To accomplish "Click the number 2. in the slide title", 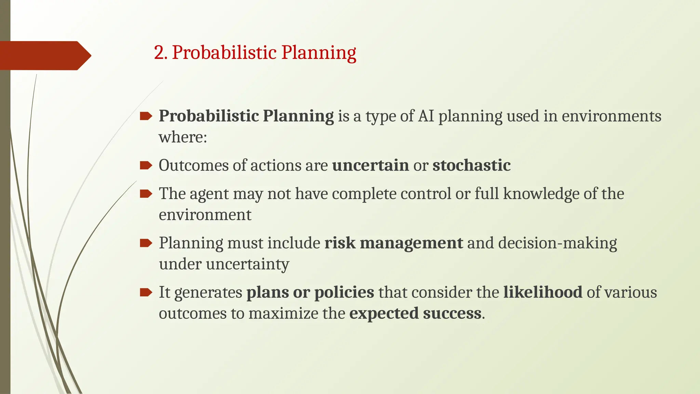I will (160, 53).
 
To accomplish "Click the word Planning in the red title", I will (319, 53).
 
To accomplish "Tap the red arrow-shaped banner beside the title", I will (44, 55).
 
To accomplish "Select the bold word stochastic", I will (471, 166).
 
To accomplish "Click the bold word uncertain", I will (370, 166).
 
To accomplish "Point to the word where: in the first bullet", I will (183, 137).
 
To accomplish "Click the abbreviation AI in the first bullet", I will (426, 116).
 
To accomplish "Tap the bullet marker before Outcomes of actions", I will (146, 166).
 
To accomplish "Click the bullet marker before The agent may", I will (146, 194).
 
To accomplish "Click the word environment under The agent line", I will (205, 215).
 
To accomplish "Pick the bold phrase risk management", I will (393, 243).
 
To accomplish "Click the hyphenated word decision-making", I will (557, 243).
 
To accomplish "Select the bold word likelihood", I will (542, 292).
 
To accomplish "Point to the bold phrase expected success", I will (415, 314).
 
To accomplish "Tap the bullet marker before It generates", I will (146, 292).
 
